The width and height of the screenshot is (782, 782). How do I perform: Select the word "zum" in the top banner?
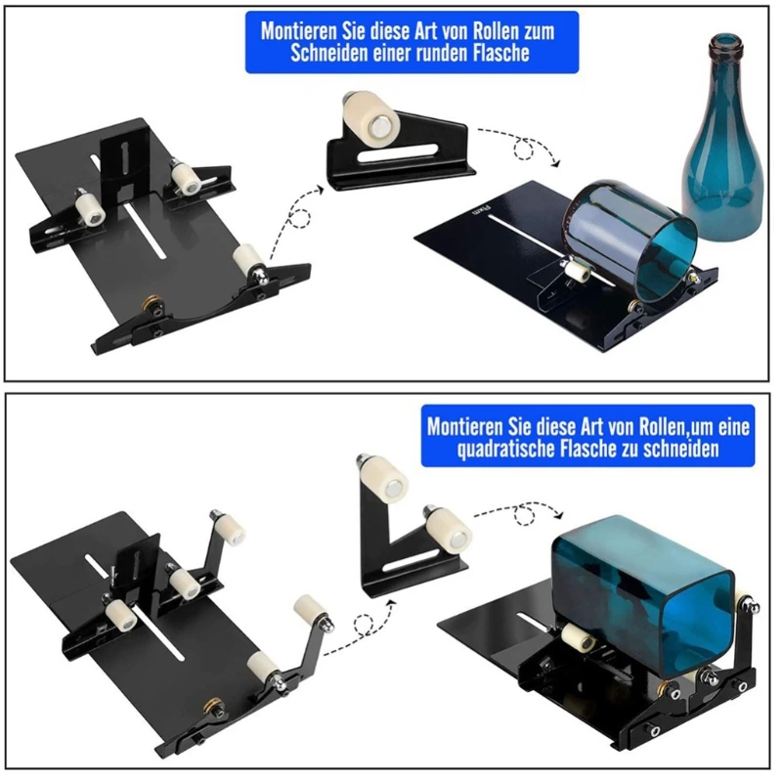pos(536,29)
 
